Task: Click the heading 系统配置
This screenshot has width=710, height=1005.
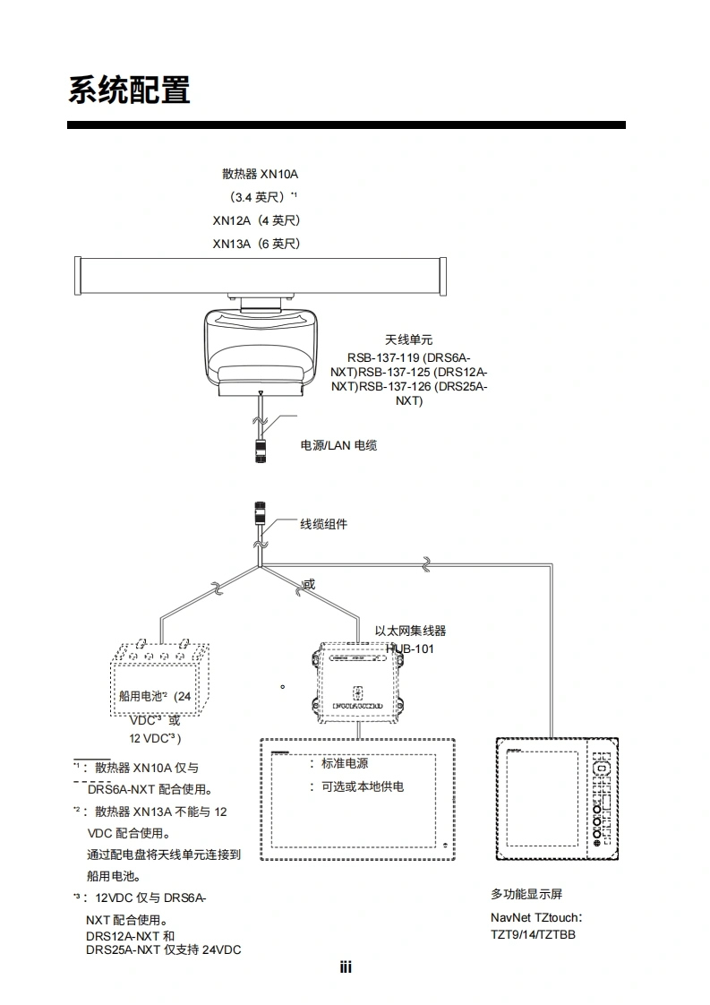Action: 129,90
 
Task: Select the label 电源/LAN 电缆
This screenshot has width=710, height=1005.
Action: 338,445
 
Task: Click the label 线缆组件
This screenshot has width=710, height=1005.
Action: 323,524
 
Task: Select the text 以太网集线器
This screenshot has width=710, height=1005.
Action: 410,631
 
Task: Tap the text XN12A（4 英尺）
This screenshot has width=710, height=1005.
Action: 256,220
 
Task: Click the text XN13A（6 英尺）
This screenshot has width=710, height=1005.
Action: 256,244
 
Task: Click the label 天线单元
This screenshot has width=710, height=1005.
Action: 408,339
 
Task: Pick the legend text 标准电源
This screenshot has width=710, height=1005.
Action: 345,764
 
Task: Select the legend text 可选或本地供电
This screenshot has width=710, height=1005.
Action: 362,786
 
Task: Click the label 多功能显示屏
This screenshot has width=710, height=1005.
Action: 526,894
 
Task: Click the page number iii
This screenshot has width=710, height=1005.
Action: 346,967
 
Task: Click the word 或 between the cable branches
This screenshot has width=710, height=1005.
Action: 309,585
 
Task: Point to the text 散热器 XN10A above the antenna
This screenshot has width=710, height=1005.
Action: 260,174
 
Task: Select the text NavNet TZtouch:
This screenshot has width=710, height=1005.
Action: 536,918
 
